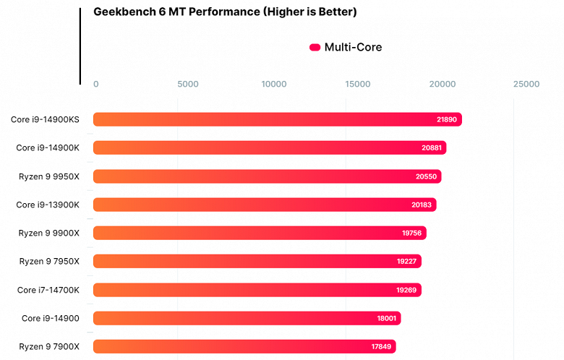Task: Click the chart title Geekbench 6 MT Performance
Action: point(225,12)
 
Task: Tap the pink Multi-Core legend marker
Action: point(315,48)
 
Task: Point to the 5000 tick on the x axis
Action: point(187,85)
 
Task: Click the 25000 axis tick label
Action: point(526,85)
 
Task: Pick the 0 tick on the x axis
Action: point(96,85)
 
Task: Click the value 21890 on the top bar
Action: point(446,119)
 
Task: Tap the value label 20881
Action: point(431,148)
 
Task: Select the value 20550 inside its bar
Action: point(426,176)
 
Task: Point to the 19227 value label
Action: point(406,262)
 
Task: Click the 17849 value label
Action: point(381,347)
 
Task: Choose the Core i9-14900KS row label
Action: point(45,119)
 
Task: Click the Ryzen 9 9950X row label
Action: point(49,176)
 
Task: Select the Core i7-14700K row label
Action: point(48,290)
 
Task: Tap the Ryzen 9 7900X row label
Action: point(49,347)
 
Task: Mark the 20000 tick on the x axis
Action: point(441,85)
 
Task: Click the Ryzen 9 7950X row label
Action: point(49,262)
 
